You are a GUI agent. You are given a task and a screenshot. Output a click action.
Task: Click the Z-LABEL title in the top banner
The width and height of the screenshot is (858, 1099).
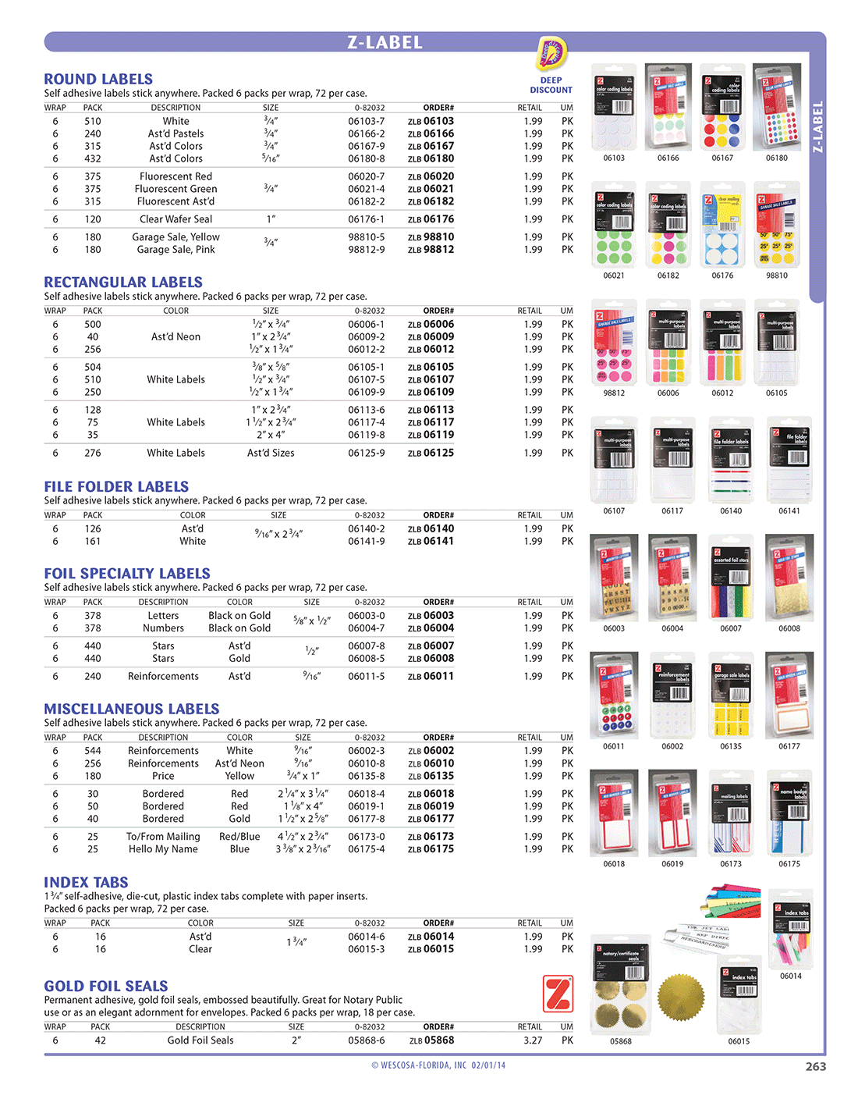[x=385, y=42]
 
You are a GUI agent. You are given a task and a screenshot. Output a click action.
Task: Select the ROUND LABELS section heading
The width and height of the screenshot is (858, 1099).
[x=98, y=79]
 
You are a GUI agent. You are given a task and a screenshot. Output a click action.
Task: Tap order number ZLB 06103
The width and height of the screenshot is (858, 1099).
[x=431, y=121]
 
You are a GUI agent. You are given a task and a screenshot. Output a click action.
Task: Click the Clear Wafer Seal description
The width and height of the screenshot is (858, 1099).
[x=175, y=219]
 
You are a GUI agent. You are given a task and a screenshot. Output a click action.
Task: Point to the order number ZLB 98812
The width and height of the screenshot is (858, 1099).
[x=431, y=250]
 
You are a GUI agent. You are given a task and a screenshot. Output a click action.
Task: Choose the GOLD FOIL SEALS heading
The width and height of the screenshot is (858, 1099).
[x=106, y=986]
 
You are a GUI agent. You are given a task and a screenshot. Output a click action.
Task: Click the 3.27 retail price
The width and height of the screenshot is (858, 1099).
[x=533, y=1040]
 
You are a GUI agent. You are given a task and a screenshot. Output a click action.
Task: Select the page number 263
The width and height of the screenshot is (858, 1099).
[x=815, y=1066]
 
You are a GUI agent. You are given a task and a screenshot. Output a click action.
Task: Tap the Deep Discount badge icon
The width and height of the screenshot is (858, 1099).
[x=551, y=55]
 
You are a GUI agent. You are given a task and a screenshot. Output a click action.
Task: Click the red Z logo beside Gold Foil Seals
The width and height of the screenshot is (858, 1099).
[x=558, y=994]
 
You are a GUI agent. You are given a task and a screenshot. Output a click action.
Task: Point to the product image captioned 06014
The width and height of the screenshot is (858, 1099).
[x=791, y=929]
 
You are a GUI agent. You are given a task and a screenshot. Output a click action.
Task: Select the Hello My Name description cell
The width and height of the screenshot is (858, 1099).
[x=163, y=849]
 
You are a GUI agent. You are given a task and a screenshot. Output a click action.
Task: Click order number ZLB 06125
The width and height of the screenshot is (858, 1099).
[x=431, y=453]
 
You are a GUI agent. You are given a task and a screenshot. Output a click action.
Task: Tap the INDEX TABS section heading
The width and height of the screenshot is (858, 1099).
[x=86, y=882]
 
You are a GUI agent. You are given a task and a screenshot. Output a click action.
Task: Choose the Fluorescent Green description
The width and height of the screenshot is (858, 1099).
[x=175, y=189]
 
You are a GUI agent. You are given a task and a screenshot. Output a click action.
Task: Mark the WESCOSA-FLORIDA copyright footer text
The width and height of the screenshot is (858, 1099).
[x=438, y=1065]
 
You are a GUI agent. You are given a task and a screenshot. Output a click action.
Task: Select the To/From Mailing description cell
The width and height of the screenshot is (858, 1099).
[x=163, y=837]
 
